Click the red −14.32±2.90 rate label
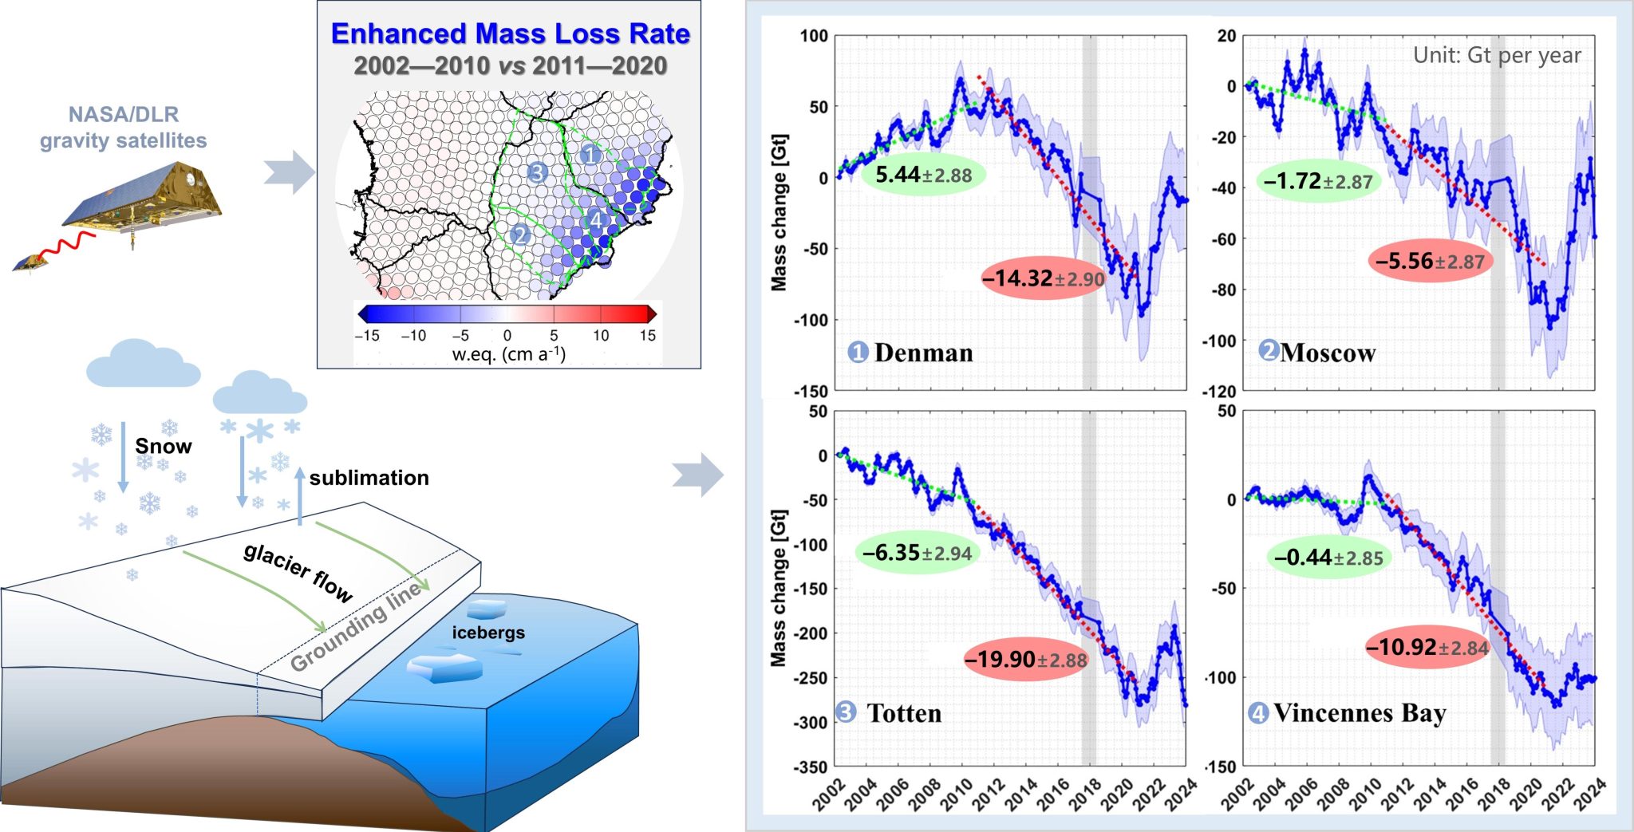(x=1043, y=278)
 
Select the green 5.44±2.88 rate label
(x=923, y=175)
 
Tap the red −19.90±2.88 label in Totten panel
(x=1025, y=660)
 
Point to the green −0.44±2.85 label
(x=1328, y=558)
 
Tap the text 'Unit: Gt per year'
(x=1497, y=55)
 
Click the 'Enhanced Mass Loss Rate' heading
(x=510, y=34)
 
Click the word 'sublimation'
(x=369, y=478)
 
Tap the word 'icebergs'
(x=488, y=633)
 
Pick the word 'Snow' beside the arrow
(x=164, y=446)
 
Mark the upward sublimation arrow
(x=300, y=495)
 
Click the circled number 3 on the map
(x=537, y=172)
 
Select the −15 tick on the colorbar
(x=367, y=336)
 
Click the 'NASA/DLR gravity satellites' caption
(x=124, y=128)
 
